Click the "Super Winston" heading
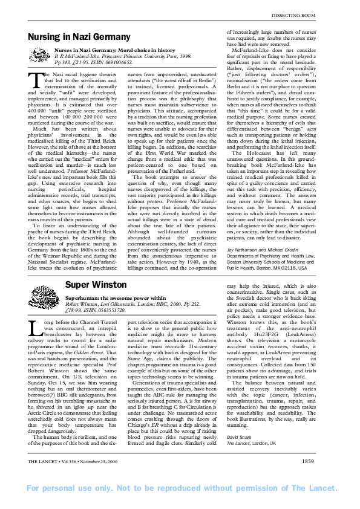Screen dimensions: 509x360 click(88, 284)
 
